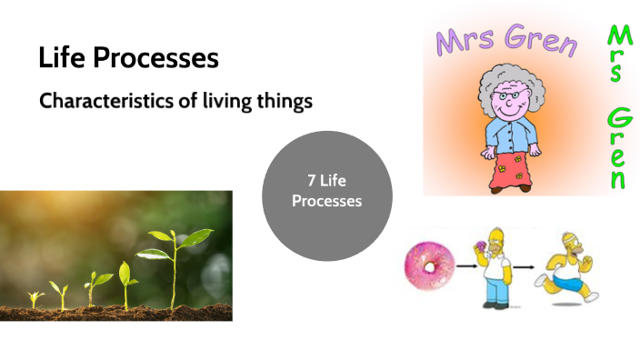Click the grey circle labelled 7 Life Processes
(x=326, y=190)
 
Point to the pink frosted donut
(x=429, y=266)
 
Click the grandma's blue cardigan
(x=510, y=133)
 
